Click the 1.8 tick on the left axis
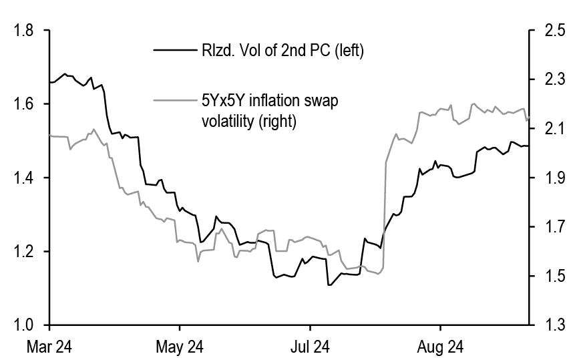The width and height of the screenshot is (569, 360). point(24,31)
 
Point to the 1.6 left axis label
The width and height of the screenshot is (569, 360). point(24,104)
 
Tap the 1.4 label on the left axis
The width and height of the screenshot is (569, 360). point(24,178)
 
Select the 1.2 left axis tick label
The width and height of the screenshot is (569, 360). point(24,252)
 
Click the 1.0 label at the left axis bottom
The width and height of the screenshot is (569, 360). point(24,325)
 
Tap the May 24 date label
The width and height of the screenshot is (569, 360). point(180,347)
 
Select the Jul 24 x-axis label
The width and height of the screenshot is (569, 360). point(311,347)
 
